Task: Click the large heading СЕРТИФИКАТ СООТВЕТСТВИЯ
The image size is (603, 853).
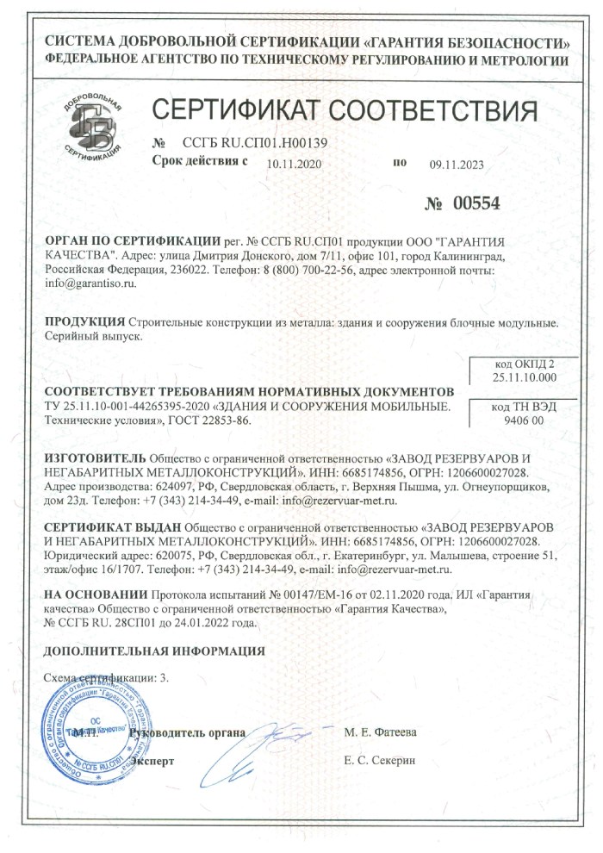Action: click(345, 111)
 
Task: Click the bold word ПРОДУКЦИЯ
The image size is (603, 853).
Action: click(84, 322)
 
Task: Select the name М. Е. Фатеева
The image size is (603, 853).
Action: click(380, 732)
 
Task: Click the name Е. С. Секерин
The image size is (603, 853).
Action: click(379, 762)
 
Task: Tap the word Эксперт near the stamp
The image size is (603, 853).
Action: click(152, 762)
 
